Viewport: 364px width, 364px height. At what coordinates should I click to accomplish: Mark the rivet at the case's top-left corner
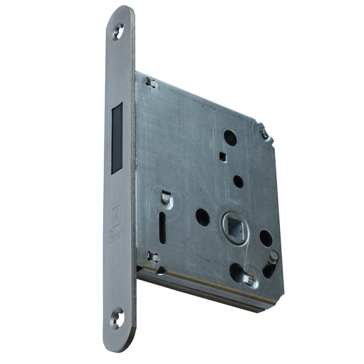(x=150, y=82)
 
